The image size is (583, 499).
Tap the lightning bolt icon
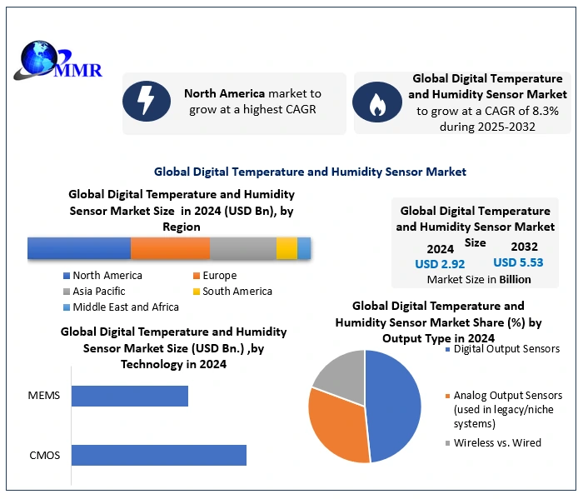point(146,102)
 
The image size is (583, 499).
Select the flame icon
point(377,102)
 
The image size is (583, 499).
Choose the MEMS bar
point(129,395)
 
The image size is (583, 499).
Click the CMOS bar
point(158,455)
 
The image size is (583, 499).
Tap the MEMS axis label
point(44,395)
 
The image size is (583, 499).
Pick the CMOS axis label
point(43,455)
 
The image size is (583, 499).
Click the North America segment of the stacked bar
point(79,248)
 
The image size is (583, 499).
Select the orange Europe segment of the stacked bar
point(170,248)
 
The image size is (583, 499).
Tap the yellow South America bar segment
point(287,248)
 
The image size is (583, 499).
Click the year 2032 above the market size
point(525,247)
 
